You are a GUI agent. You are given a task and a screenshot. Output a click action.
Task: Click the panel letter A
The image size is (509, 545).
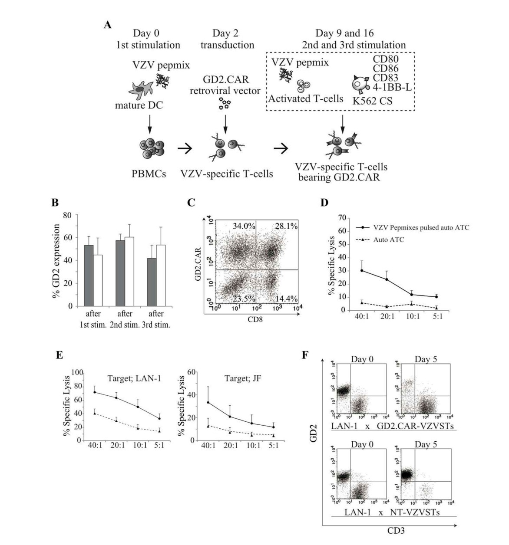108,25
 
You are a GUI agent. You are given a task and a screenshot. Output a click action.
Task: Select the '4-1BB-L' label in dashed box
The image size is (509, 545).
392,87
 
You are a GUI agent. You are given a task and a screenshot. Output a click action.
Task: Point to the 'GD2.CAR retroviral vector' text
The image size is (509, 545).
225,85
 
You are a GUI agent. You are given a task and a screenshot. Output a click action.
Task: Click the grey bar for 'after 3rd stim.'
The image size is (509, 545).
152,282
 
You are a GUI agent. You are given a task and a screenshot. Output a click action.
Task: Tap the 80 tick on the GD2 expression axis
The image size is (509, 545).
68,215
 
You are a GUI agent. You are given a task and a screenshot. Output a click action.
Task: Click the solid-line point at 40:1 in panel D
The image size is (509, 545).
362,270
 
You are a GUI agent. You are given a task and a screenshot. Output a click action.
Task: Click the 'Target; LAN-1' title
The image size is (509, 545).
134,378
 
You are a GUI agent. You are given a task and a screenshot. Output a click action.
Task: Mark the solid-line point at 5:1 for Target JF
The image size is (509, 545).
273,427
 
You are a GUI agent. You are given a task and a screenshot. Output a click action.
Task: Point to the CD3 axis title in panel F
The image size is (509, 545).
396,530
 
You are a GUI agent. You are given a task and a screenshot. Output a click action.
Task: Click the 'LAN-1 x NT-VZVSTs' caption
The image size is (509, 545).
392,512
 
